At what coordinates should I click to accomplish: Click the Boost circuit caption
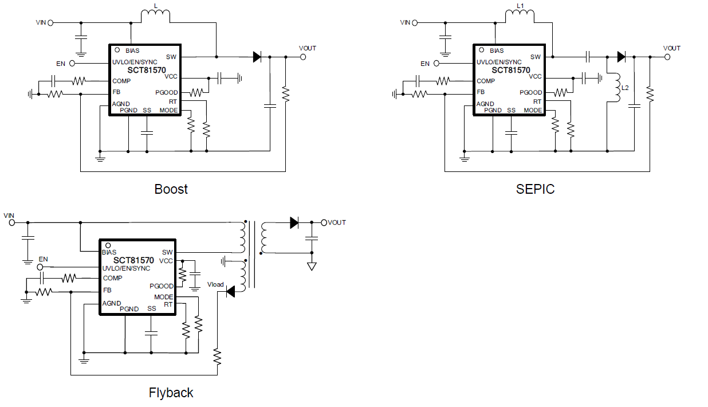point(171,189)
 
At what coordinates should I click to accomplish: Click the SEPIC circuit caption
point(535,189)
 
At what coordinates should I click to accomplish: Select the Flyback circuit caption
point(171,393)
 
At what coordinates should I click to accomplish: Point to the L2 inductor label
point(625,88)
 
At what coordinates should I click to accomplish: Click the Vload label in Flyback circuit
point(215,284)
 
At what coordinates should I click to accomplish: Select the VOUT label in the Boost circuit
point(308,48)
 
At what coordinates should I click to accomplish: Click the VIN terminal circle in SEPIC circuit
point(415,23)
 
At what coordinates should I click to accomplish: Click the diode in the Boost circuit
point(257,57)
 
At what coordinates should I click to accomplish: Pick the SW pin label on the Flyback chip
point(167,252)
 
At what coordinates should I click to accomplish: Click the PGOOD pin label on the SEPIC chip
point(530,92)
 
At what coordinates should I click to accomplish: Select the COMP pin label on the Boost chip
point(121,81)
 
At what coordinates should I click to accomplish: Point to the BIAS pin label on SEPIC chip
point(497,50)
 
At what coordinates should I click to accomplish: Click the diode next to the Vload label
point(230,292)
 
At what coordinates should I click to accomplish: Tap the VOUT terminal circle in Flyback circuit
point(324,222)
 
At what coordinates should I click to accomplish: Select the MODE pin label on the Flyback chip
point(163,297)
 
